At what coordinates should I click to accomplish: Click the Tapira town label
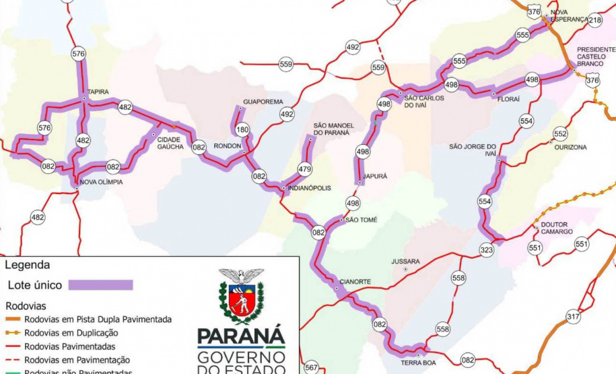[97, 92]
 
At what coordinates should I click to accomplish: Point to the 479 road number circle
[305, 169]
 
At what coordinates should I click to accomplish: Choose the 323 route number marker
[486, 249]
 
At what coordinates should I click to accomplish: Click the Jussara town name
[406, 261]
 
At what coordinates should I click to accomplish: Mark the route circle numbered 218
[594, 20]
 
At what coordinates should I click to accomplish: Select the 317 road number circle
[573, 316]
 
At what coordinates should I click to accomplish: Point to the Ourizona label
[570, 147]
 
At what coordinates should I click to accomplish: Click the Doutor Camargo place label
[556, 228]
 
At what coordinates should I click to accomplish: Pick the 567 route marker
[311, 367]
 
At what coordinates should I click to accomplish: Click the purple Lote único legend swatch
[100, 285]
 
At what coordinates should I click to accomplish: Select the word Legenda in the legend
[27, 266]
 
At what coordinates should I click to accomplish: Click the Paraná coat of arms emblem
[241, 296]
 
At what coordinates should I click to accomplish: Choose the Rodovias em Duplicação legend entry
[71, 333]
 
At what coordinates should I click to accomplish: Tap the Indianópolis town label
[309, 188]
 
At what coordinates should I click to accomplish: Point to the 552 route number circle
[560, 133]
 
